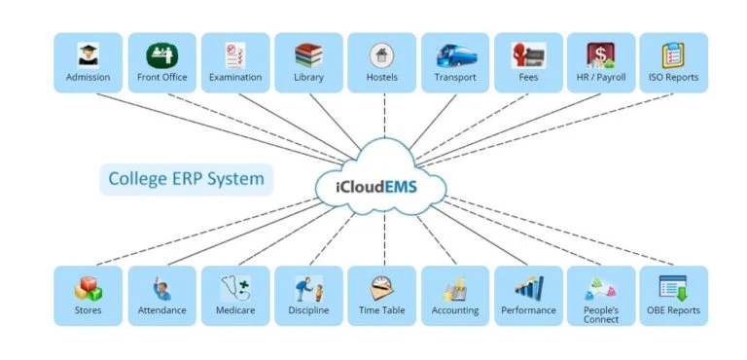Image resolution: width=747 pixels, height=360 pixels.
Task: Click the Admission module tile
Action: [x=88, y=63]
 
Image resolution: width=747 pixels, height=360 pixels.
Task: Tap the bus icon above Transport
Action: [x=455, y=54]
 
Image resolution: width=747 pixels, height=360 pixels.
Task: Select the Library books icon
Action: [x=308, y=54]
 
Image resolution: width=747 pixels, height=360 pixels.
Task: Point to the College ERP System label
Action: [x=186, y=179]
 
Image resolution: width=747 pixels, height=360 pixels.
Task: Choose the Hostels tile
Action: [x=381, y=63]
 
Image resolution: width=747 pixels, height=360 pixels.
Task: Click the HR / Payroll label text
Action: [x=600, y=78]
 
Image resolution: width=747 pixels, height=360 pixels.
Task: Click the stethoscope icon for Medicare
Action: [x=235, y=288]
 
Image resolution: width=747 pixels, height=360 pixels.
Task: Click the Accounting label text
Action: [x=455, y=311]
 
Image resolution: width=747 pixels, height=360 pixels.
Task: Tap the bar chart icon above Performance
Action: [x=528, y=288]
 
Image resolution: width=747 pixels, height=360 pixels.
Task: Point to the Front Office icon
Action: [x=161, y=54]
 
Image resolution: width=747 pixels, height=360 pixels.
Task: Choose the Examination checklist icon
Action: [x=235, y=54]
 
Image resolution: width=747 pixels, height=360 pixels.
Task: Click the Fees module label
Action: [x=528, y=78]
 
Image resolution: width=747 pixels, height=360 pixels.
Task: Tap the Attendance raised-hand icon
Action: [x=161, y=288]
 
